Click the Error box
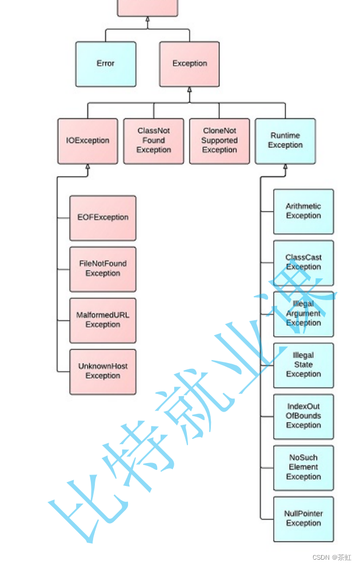(x=106, y=63)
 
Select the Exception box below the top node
(x=189, y=63)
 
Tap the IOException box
(x=87, y=141)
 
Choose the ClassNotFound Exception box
(x=154, y=141)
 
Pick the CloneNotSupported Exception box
(x=219, y=141)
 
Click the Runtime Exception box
(x=285, y=141)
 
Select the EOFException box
(x=103, y=217)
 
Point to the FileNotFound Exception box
(x=103, y=269)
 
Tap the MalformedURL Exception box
(x=103, y=320)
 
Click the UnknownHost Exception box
(x=103, y=371)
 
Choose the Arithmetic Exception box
(x=303, y=211)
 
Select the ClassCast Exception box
(x=303, y=262)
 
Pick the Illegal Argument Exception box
(x=303, y=313)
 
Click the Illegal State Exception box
(x=303, y=365)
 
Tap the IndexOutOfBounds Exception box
(x=303, y=416)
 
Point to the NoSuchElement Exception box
(x=303, y=467)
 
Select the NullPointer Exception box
(x=303, y=519)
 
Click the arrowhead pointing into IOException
(x=87, y=167)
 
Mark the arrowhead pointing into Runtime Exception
(x=285, y=167)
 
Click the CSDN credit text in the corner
(x=332, y=557)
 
